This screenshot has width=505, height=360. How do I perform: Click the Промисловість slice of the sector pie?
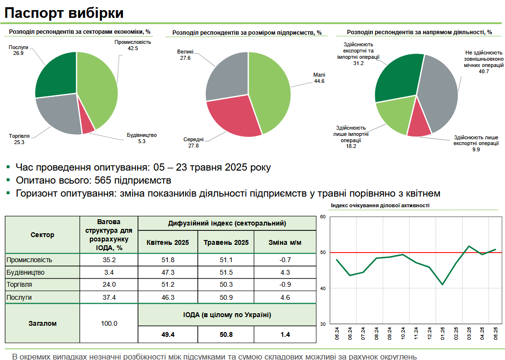pos(99,87)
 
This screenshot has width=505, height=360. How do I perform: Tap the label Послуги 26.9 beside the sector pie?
pos(19,51)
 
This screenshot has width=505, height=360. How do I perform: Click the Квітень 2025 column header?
pos(167,242)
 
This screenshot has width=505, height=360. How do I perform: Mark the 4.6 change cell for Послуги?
pos(285,297)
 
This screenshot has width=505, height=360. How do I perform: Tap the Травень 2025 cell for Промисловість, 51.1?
pos(226,260)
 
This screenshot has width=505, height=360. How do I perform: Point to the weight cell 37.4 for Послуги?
pos(109,297)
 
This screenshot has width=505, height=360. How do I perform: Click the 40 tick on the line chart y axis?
pos(323,288)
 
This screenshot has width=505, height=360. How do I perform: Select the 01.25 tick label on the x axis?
pos(442,333)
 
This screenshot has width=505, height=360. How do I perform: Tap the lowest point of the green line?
pos(442,284)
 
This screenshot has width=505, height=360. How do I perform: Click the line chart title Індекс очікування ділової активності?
pos(380,205)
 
